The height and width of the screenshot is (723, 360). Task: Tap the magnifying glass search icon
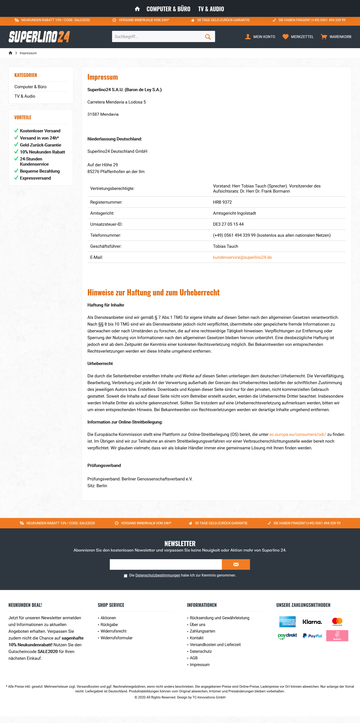pos(208,37)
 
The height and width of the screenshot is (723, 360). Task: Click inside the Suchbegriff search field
pos(157,37)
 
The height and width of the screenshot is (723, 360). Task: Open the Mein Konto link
pos(260,37)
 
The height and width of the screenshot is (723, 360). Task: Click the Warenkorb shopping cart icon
pos(324,37)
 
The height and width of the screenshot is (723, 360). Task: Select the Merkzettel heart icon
pos(285,37)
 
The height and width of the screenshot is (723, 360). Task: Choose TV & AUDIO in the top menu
pos(211,9)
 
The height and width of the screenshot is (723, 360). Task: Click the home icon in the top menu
pos(137,9)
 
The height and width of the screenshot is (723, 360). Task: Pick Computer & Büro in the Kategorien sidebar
pos(30,87)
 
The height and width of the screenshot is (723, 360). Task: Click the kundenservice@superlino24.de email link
pos(242,257)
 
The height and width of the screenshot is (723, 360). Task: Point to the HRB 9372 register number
pos(222,202)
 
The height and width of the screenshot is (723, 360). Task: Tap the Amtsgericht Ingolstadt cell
pos(234,213)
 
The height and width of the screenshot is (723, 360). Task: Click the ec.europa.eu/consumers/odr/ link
pos(297,435)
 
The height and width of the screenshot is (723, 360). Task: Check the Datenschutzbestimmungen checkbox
pos(125,576)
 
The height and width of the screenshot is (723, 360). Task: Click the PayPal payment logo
pos(312,636)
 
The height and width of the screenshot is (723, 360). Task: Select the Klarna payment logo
pos(312,622)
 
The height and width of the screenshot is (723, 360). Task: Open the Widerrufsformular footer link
pos(117,638)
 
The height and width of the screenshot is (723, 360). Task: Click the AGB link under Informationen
pos(193,658)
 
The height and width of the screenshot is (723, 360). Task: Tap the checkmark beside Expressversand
pos(16,178)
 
